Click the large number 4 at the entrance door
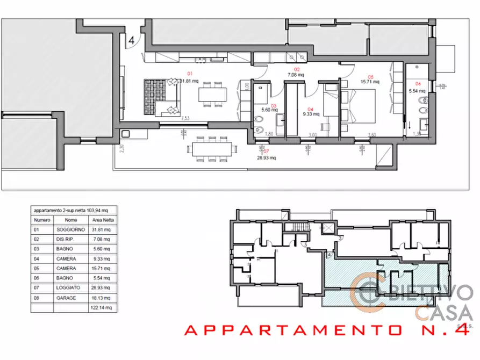[x=131, y=40]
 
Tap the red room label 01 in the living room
[x=189, y=73]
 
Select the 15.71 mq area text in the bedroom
[x=370, y=82]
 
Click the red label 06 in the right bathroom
[x=418, y=83]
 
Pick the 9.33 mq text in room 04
[x=311, y=114]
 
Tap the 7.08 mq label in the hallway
[x=296, y=75]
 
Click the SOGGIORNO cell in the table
[x=71, y=230]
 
